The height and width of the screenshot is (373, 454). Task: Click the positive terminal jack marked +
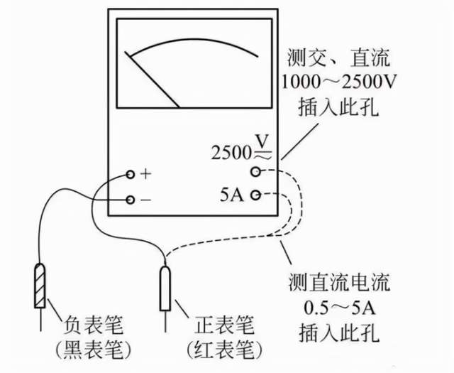point(131,175)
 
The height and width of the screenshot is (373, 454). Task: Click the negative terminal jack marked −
point(131,200)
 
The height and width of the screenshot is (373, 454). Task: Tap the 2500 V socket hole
point(255,171)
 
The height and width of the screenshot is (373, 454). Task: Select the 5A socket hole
point(255,195)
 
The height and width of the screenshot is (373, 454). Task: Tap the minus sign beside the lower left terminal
point(146,200)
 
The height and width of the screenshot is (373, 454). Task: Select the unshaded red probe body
point(166,288)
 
